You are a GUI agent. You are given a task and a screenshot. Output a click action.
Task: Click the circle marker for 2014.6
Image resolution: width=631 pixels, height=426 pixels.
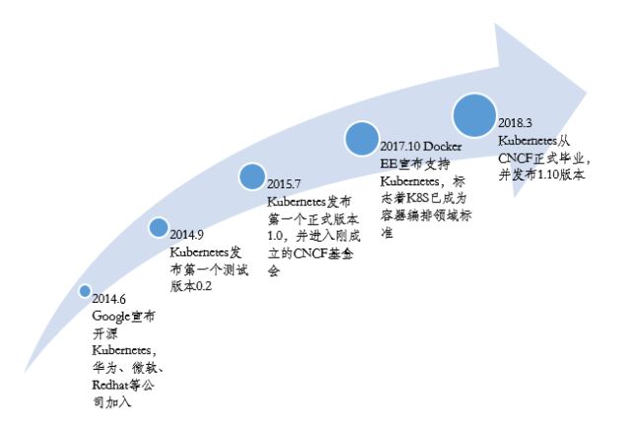85,291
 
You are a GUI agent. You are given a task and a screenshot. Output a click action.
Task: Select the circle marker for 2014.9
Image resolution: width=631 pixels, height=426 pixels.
158,228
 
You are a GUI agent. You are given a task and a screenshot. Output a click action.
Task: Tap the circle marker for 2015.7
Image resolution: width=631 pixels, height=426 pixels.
253,177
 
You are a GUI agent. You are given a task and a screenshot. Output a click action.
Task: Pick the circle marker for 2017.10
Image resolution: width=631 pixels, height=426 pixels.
362,137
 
